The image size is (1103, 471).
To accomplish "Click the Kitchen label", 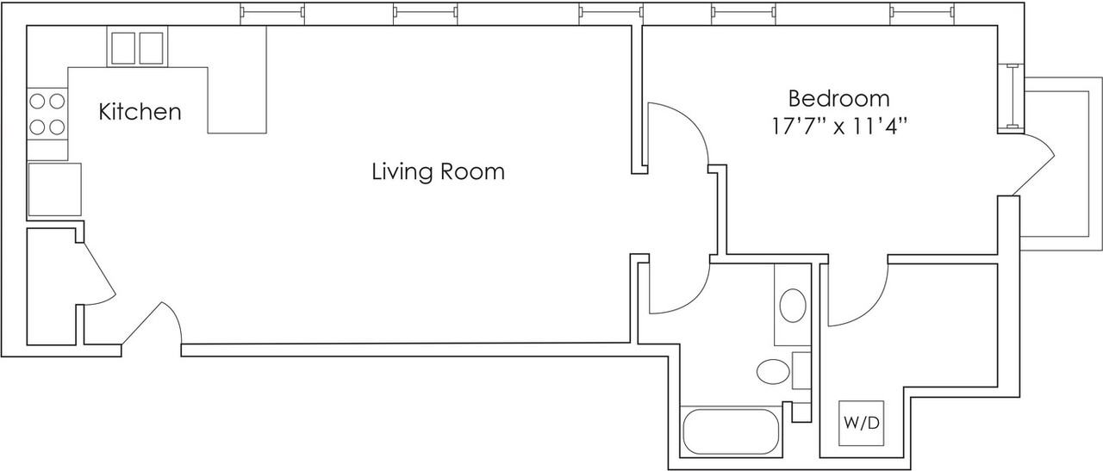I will click(x=140, y=112).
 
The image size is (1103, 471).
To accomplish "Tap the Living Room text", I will click(x=438, y=171).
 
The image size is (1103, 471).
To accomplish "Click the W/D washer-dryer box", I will click(x=862, y=423).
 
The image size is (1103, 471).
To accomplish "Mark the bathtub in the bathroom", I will click(x=730, y=431).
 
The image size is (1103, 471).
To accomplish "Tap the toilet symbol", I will click(x=774, y=372).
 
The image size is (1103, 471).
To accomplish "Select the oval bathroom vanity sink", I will click(x=792, y=306).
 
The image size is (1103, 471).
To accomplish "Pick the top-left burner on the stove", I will click(x=39, y=102).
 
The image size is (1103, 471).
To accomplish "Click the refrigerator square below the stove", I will click(x=54, y=189).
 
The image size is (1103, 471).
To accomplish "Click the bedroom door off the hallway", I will click(x=677, y=135).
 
